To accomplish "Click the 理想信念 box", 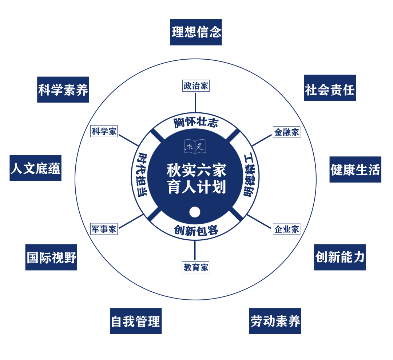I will pyautogui.click(x=196, y=32).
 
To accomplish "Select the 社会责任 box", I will pyautogui.click(x=330, y=88).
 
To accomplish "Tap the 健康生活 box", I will pyautogui.click(x=355, y=169).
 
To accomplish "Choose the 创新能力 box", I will pyautogui.click(x=340, y=257).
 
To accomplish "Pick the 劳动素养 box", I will pyautogui.click(x=275, y=321).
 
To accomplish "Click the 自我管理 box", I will pyautogui.click(x=135, y=321).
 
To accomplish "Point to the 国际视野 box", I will pyautogui.click(x=51, y=257).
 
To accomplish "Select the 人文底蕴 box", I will pyautogui.click(x=35, y=168).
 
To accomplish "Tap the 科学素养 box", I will pyautogui.click(x=63, y=89).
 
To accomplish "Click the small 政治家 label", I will pyautogui.click(x=196, y=86).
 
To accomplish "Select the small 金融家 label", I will pyautogui.click(x=287, y=132).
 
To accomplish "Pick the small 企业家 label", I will pyautogui.click(x=287, y=229).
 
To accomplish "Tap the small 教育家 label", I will pyautogui.click(x=196, y=268).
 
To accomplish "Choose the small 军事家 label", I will pyautogui.click(x=104, y=229).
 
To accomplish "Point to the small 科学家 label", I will pyautogui.click(x=104, y=131).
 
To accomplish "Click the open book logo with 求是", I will pyautogui.click(x=195, y=146).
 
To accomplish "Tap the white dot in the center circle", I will pyautogui.click(x=195, y=212).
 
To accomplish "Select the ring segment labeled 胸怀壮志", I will pyautogui.click(x=195, y=123).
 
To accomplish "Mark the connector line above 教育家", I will pyautogui.click(x=195, y=251).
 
